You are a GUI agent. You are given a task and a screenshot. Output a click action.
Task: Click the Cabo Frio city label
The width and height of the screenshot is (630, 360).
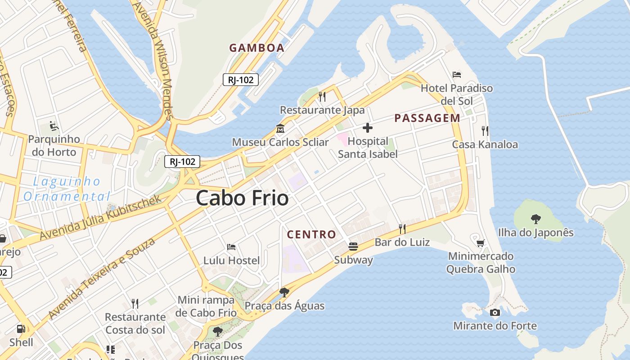242,198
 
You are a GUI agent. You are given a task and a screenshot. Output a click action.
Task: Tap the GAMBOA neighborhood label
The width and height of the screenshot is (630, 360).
256,48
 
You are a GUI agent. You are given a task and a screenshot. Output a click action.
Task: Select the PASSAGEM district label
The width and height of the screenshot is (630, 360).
427,118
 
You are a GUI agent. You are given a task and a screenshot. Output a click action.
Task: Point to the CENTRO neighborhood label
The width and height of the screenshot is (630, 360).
311,234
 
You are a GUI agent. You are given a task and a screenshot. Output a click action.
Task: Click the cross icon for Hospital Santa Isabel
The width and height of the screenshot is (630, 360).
368,128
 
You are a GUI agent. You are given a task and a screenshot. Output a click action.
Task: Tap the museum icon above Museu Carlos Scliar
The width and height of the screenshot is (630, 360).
280,129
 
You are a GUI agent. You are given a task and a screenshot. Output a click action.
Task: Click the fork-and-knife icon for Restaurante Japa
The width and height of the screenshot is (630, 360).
322,96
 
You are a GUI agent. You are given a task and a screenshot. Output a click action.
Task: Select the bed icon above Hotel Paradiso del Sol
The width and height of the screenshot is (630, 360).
457,74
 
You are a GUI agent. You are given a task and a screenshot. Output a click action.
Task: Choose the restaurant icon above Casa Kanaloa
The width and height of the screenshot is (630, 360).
485,131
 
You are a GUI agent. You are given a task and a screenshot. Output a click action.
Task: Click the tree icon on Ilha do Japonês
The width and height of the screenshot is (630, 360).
535,219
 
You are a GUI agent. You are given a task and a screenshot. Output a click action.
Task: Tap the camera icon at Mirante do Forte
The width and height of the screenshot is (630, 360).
495,312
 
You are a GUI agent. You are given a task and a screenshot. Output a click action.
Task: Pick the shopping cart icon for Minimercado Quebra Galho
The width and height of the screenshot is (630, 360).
481,243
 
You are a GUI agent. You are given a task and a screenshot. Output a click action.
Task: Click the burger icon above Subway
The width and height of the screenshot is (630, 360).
353,247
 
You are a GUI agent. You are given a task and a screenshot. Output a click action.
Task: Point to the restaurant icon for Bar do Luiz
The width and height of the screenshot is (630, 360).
402,229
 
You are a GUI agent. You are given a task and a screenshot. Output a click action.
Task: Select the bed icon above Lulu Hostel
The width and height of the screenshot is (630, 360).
231,247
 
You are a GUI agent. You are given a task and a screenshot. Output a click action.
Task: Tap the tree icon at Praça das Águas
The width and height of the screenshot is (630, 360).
284,292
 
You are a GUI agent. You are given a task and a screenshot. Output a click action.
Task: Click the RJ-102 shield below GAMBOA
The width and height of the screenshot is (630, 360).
241,80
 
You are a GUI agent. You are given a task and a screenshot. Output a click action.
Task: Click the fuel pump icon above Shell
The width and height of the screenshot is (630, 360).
21,329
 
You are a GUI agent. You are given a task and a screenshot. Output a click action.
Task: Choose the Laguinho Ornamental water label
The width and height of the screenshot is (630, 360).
67,189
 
